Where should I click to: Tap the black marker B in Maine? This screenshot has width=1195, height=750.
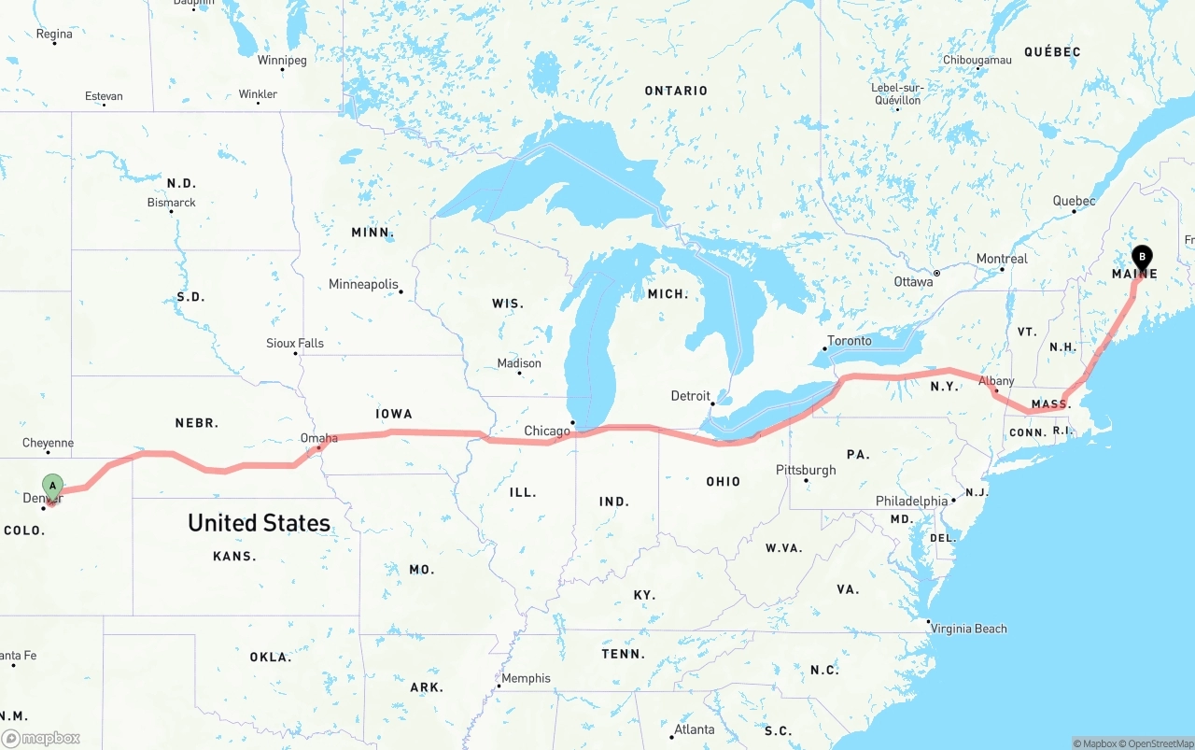pyautogui.click(x=1142, y=257)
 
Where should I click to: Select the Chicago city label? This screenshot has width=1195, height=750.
pyautogui.click(x=547, y=431)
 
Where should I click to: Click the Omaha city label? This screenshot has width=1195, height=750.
pyautogui.click(x=319, y=438)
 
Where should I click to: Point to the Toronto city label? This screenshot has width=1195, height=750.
pyautogui.click(x=849, y=341)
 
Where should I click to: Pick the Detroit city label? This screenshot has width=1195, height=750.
pyautogui.click(x=691, y=396)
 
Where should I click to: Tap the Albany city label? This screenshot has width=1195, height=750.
pyautogui.click(x=996, y=381)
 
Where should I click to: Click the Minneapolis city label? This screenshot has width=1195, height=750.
pyautogui.click(x=363, y=284)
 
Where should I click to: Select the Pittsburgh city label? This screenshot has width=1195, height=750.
pyautogui.click(x=806, y=470)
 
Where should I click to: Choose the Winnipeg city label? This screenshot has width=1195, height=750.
pyautogui.click(x=282, y=61)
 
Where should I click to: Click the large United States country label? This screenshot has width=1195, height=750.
pyautogui.click(x=259, y=523)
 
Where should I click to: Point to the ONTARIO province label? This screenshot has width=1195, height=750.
pyautogui.click(x=676, y=91)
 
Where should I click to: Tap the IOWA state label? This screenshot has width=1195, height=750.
pyautogui.click(x=394, y=414)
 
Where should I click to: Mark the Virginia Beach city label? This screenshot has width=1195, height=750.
pyautogui.click(x=969, y=629)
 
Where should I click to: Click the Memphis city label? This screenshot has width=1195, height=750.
pyautogui.click(x=527, y=678)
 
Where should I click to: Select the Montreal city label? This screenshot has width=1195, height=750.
pyautogui.click(x=1002, y=259)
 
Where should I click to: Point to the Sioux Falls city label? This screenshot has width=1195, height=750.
pyautogui.click(x=295, y=344)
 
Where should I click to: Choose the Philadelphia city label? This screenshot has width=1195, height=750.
pyautogui.click(x=911, y=502)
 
